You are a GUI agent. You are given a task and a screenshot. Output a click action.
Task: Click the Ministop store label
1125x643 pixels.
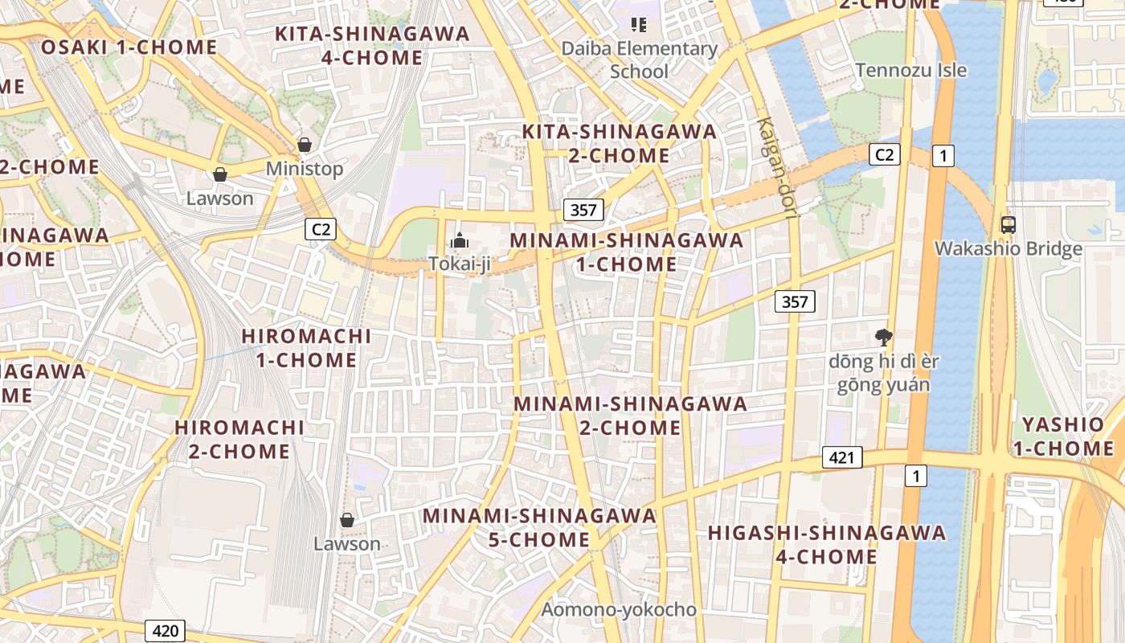pos(305,169)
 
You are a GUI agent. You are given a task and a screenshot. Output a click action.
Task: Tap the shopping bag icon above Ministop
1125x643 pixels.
pos(305,145)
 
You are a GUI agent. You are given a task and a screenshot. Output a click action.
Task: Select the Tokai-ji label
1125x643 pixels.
pos(459,264)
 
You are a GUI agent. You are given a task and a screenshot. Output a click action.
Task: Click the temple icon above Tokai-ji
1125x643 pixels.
pos(459,240)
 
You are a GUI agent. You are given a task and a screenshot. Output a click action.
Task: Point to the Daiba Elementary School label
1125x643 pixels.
pos(640,59)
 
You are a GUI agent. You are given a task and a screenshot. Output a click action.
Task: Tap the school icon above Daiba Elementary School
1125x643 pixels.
pos(639,25)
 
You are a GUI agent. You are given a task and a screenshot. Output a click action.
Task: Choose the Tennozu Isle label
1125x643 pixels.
pos(911,70)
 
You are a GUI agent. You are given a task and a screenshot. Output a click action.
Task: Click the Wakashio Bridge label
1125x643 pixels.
pos(1008,248)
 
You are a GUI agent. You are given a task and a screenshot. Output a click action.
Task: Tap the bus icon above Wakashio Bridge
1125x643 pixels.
pos(1008,225)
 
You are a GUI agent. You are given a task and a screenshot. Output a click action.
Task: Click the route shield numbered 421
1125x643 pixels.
pos(842,457)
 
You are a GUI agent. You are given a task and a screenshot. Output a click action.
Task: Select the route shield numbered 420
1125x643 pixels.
pos(166,631)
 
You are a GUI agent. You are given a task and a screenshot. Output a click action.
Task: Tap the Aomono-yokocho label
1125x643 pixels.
pos(619,609)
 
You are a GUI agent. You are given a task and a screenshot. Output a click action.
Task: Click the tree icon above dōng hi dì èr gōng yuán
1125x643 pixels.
pos(884,338)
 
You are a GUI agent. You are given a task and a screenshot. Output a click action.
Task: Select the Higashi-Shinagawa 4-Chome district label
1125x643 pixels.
pos(827,544)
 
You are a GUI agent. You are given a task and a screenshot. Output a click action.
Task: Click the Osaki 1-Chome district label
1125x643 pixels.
pos(129,47)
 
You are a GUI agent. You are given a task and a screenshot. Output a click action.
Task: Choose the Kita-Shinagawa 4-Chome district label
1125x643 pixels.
pos(372,45)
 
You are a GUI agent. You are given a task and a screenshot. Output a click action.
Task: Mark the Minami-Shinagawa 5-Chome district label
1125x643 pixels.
pos(539,526)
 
